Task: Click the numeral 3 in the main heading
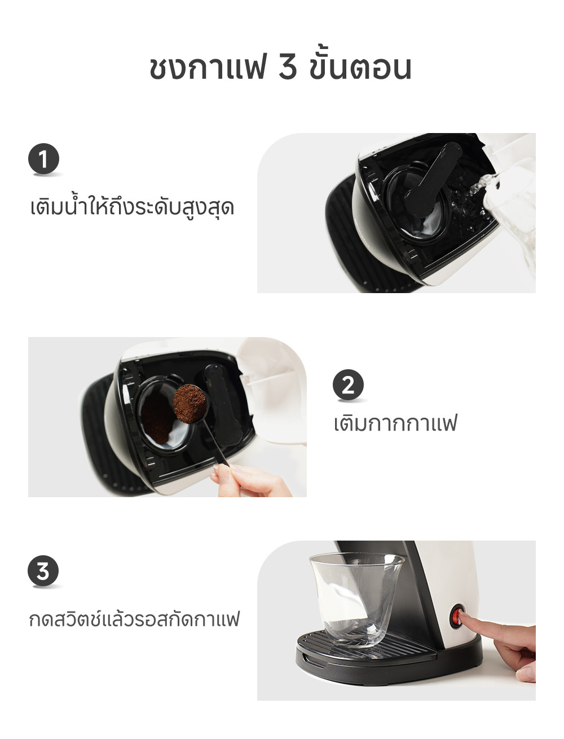(287, 68)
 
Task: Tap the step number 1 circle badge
(43, 160)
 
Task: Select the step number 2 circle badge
(348, 386)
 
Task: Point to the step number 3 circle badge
(43, 571)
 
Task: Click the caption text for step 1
(132, 207)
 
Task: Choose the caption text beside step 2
(395, 423)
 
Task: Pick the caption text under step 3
(134, 619)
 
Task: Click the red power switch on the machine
(456, 617)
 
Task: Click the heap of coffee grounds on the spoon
(190, 401)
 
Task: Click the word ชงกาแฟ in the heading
(206, 68)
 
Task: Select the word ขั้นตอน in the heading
(360, 68)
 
